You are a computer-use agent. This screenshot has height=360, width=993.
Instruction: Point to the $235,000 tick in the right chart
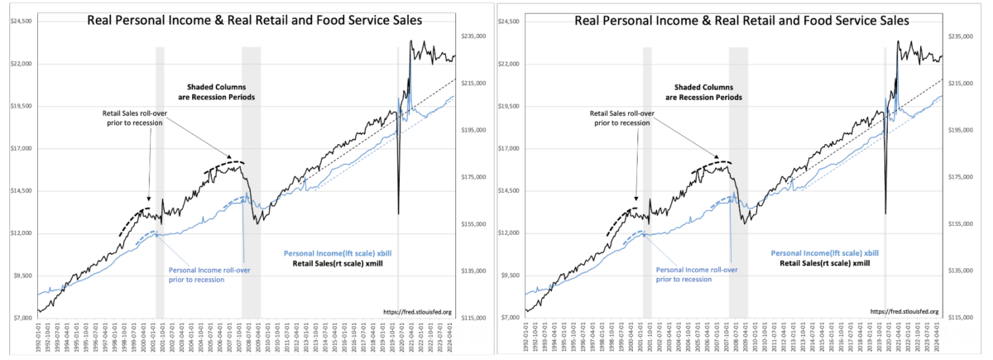pyautogui.click(x=961, y=36)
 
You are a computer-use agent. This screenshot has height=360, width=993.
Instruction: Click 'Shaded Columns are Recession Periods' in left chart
pyautogui.click(x=218, y=91)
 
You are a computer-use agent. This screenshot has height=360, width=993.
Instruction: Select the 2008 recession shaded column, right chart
pyautogui.click(x=738, y=182)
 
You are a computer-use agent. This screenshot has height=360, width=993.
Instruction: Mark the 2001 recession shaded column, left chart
pyautogui.click(x=160, y=182)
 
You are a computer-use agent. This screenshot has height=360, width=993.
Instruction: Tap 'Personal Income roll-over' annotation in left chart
pyautogui.click(x=209, y=274)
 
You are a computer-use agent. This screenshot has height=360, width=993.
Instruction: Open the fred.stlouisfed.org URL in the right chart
pyautogui.click(x=905, y=311)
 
